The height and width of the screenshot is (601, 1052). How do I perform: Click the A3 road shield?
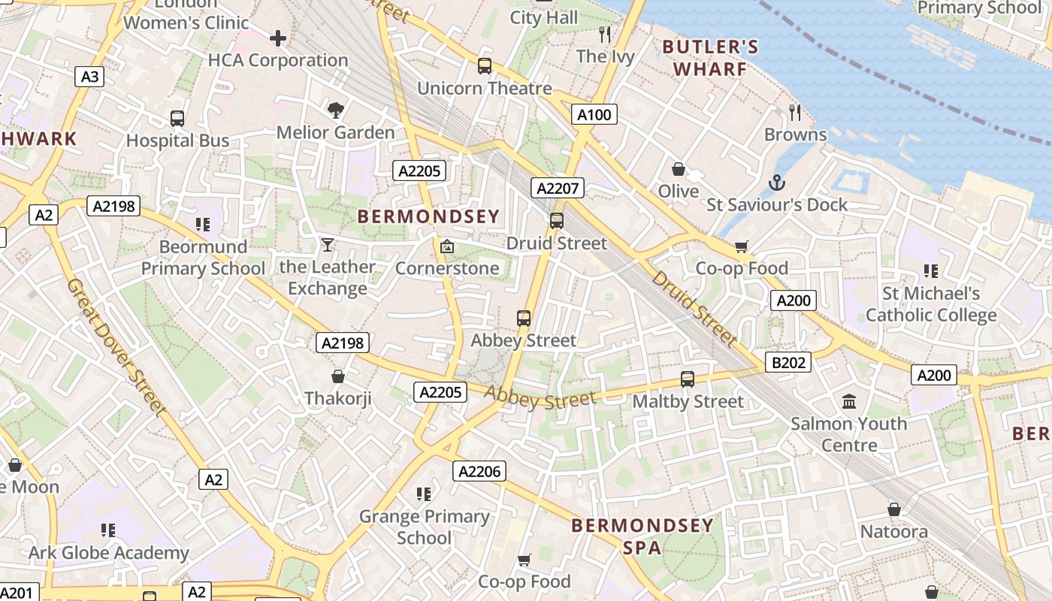[89, 77]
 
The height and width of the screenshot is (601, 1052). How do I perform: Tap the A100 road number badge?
[594, 114]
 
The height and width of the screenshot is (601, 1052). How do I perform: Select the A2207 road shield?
[557, 188]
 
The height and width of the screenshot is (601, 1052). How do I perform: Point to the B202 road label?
[788, 363]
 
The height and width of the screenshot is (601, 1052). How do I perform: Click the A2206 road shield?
[479, 471]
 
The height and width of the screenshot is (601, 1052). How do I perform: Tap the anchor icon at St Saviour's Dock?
[776, 183]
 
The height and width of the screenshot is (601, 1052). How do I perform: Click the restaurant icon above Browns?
[795, 113]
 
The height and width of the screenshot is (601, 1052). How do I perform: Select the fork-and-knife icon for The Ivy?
[605, 35]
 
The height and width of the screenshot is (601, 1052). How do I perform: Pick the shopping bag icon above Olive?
[679, 170]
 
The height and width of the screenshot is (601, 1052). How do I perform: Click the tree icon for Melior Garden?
[336, 110]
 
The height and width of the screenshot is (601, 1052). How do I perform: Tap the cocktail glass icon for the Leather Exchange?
[327, 245]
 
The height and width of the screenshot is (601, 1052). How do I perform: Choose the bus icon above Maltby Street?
[688, 379]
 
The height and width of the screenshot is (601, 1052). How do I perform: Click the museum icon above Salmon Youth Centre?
[849, 402]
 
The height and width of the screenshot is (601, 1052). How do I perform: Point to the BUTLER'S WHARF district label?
[710, 59]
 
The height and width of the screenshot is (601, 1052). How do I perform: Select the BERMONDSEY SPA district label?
[642, 536]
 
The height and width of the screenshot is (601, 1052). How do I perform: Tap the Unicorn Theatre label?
[485, 89]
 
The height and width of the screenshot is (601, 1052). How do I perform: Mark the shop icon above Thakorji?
[338, 376]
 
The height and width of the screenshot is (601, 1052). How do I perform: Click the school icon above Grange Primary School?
[424, 494]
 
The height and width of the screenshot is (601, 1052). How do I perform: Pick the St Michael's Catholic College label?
[931, 304]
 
